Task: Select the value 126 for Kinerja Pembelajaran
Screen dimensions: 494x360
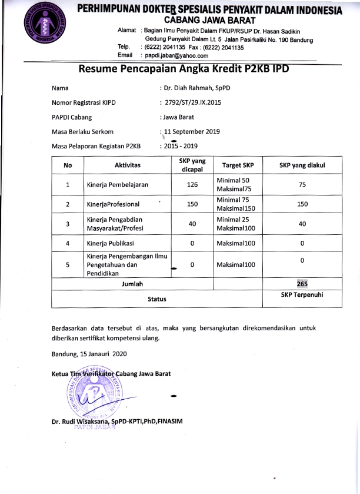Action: pos(192,185)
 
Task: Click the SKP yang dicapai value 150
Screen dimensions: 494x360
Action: pos(192,204)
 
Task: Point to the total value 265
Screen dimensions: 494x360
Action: pos(302,284)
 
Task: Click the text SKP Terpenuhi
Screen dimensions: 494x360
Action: pos(302,294)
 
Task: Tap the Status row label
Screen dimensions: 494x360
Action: pos(156,299)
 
